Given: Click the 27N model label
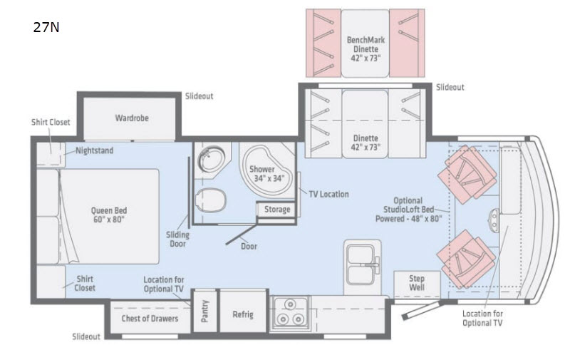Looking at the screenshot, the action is pos(46,27).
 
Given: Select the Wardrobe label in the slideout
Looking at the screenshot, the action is pos(132,118).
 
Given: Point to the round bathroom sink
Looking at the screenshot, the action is pos(212,158).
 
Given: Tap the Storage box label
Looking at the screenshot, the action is pos(277,210).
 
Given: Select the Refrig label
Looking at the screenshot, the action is pos(243,314).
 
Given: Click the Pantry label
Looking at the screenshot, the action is pos(204,312).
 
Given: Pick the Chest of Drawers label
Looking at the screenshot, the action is pos(150,319).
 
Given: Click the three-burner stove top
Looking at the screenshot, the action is pos(290,313).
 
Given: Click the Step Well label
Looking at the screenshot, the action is pos(417,283).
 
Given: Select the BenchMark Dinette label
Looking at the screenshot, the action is pos(366,49).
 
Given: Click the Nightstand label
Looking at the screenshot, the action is pos(95,150).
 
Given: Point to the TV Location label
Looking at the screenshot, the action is pos(328,194).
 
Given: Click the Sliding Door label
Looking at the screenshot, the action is pos(177,240).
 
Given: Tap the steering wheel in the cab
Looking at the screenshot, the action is pos(494,221).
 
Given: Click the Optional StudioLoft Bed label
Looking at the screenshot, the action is pos(408,210).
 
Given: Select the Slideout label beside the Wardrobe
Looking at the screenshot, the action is pos(199,96).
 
